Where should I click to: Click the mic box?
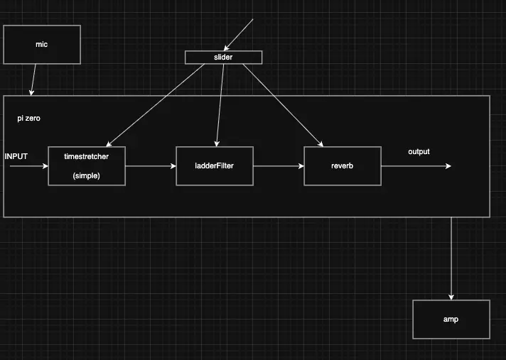click(x=41, y=44)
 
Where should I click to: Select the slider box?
click(x=223, y=57)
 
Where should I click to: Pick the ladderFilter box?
click(x=214, y=166)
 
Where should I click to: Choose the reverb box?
click(x=342, y=166)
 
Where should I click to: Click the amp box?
click(x=451, y=319)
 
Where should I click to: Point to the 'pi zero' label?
click(x=28, y=119)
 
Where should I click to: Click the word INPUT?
click(x=16, y=156)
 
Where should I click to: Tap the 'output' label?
click(x=419, y=152)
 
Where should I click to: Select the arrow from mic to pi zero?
click(x=33, y=80)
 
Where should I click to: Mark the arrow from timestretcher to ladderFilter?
click(x=150, y=166)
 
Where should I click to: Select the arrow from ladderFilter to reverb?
click(x=278, y=166)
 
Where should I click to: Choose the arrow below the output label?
click(x=416, y=166)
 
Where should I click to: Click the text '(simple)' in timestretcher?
click(x=86, y=175)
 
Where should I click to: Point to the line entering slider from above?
click(x=239, y=34)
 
